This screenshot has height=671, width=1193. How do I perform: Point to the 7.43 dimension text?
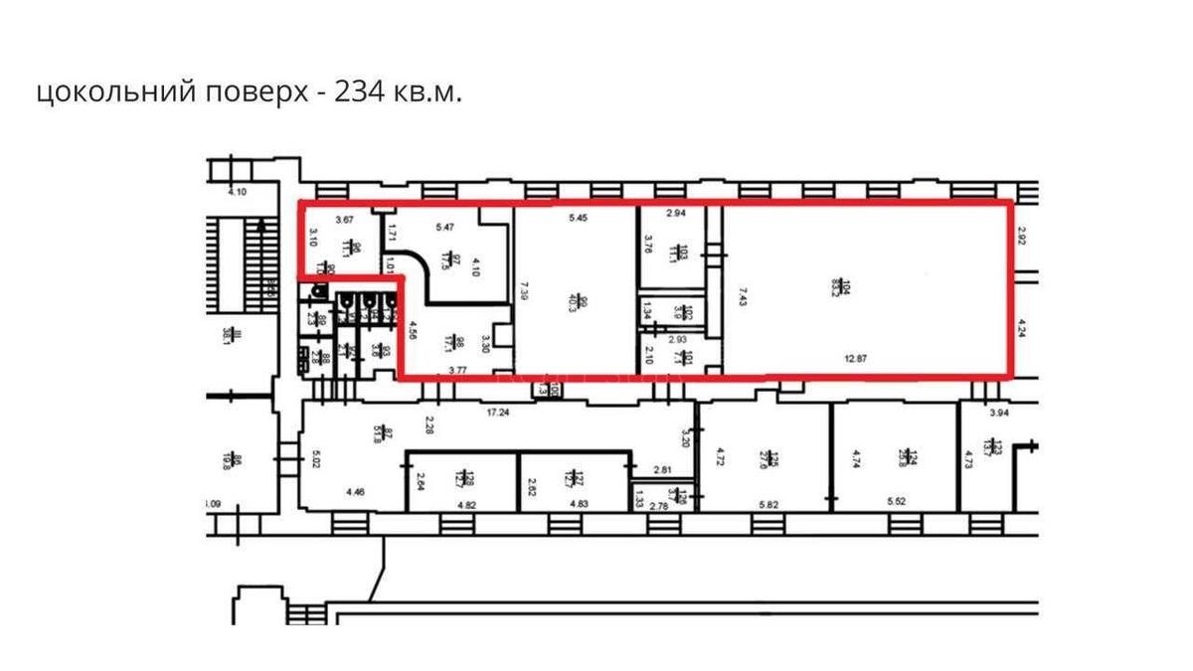pyautogui.click(x=742, y=297)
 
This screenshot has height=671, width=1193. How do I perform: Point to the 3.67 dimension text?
pyautogui.click(x=345, y=219)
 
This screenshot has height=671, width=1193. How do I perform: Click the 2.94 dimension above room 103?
pyautogui.click(x=677, y=214)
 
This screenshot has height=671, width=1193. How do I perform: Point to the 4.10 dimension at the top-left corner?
pyautogui.click(x=236, y=192)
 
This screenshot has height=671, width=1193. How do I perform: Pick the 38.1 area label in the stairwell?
pyautogui.click(x=227, y=336)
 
